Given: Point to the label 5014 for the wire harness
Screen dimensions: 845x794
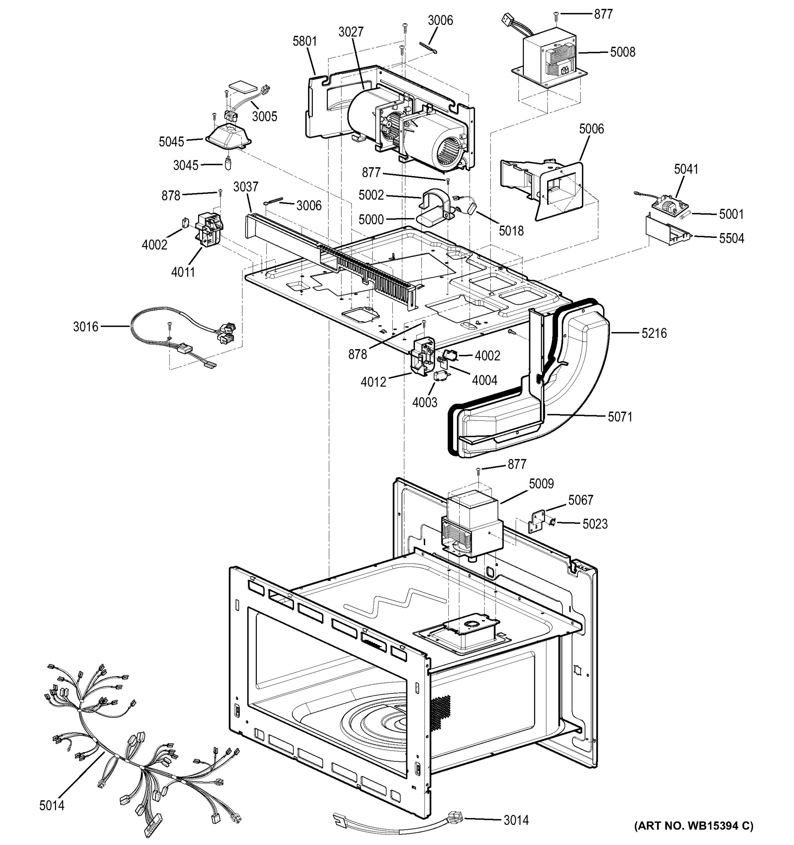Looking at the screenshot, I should tap(51, 805).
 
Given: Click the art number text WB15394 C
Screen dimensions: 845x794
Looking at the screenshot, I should tap(693, 826).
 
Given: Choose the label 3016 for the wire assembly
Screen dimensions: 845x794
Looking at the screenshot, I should tap(86, 326).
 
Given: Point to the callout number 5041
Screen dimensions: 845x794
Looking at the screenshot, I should tap(686, 169).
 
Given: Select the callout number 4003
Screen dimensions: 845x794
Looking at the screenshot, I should tap(424, 402).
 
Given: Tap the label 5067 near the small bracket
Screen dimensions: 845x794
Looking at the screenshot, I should tap(580, 500).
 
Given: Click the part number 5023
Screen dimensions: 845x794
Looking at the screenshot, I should tap(595, 524).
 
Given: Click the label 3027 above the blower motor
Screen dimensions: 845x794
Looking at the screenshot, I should tap(351, 32).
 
